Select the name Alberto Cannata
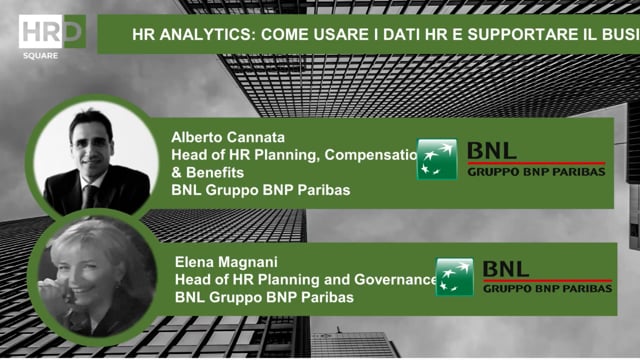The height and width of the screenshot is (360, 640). (227, 137)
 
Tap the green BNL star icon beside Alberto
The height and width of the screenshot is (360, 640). (437, 160)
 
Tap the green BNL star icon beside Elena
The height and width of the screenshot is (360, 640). (454, 278)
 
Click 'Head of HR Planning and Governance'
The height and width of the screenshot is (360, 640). (306, 280)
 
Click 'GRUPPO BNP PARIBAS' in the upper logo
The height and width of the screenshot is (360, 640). (536, 172)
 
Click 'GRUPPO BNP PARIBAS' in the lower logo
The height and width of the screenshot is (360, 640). (547, 289)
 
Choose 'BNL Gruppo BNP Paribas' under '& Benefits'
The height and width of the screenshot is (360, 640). (260, 189)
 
